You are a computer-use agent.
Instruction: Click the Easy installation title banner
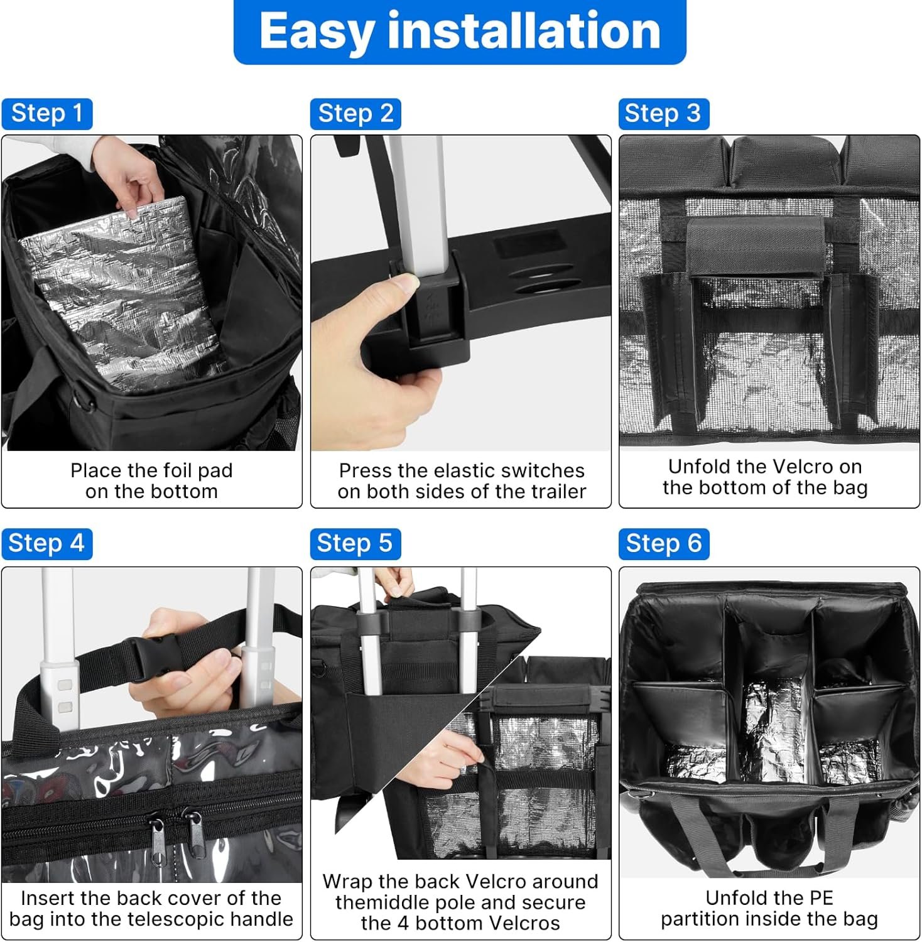coord(460,31)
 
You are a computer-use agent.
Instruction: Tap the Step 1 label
coord(47,114)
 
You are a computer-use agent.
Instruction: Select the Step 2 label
coord(355,114)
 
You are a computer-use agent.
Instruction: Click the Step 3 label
coord(664,114)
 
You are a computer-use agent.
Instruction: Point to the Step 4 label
coord(47,543)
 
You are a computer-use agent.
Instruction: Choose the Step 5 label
coord(355,543)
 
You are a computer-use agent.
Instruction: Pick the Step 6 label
coord(664,543)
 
